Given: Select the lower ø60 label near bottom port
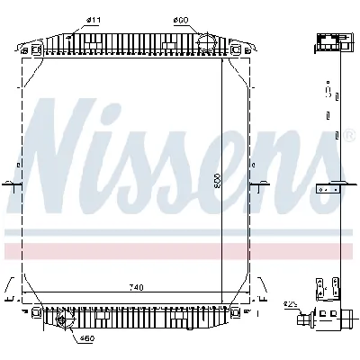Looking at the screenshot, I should pos(87,338).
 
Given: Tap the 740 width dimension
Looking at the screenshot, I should pos(134,287).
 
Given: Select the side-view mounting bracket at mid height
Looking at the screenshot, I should pos(328,190).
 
